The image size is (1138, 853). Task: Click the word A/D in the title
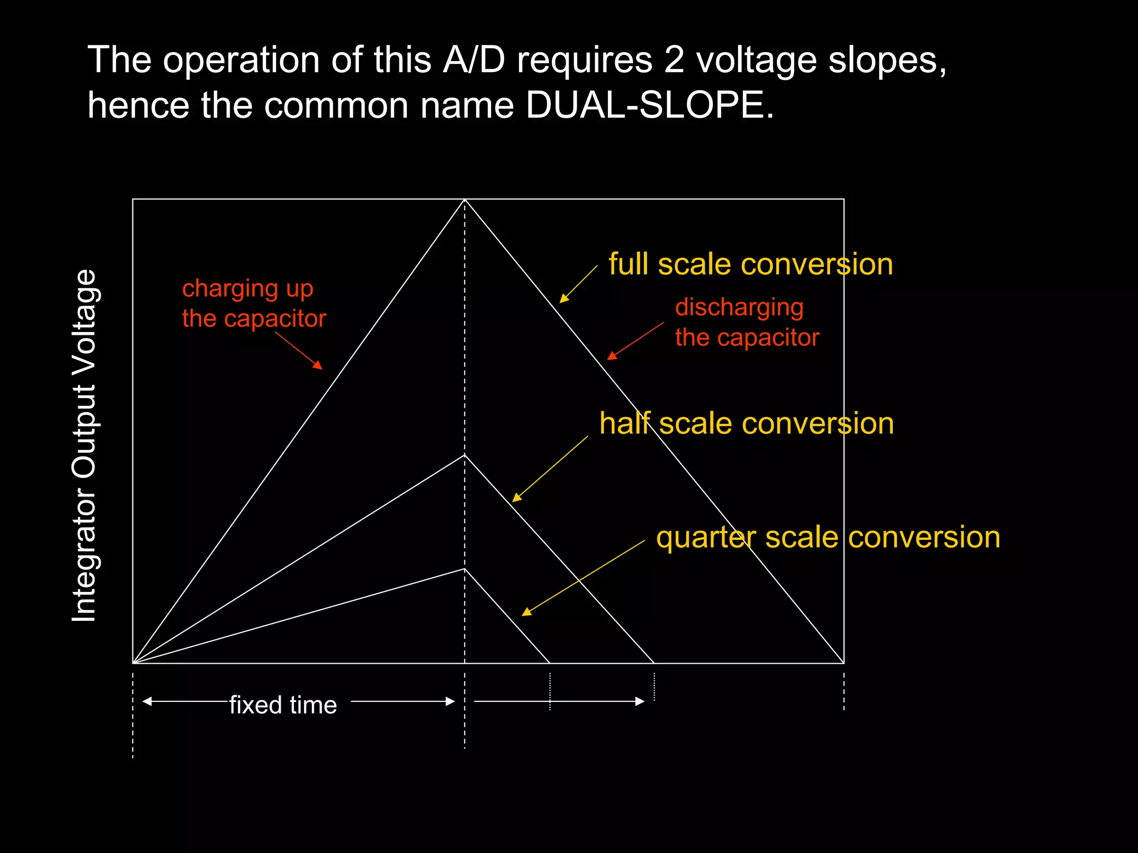click(473, 59)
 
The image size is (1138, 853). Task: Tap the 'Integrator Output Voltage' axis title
click(85, 445)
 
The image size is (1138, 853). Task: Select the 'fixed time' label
click(283, 705)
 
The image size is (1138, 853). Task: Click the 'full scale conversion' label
click(750, 264)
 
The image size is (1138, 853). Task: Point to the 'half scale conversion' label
click(746, 423)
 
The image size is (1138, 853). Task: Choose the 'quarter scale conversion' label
click(827, 537)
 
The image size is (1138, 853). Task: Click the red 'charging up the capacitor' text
click(253, 303)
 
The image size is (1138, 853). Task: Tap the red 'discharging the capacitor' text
click(746, 322)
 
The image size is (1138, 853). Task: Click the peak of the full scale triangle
click(465, 199)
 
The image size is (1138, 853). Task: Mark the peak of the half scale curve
click(465, 455)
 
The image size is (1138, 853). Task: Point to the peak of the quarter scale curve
click(465, 569)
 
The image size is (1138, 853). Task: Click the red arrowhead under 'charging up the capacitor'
click(318, 365)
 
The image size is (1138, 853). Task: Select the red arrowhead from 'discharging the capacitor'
click(611, 356)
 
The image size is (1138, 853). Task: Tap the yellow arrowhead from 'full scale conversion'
click(563, 299)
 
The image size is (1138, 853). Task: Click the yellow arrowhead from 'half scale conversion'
click(516, 498)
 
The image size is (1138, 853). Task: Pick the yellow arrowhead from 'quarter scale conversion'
click(526, 612)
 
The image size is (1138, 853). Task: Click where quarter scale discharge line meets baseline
click(550, 663)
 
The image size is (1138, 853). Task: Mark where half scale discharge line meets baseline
click(654, 663)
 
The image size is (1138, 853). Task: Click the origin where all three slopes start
click(133, 663)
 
